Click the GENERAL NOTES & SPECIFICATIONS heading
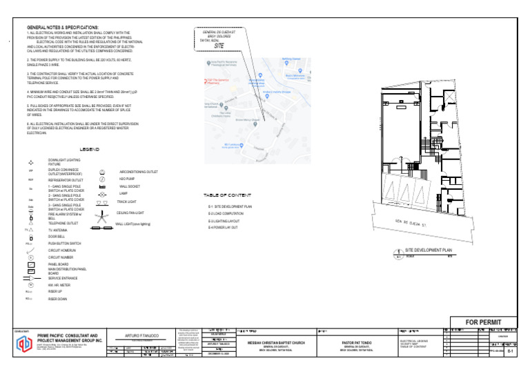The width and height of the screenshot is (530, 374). (x=62, y=26)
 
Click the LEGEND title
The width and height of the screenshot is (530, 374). (x=90, y=150)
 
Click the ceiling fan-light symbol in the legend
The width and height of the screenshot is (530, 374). (x=101, y=213)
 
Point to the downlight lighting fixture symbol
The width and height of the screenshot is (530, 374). (x=31, y=161)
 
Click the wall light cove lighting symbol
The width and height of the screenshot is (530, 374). (x=101, y=224)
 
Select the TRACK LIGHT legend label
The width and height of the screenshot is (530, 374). (x=128, y=202)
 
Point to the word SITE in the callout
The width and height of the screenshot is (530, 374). (x=219, y=46)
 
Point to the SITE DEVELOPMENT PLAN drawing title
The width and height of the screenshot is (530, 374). (x=428, y=249)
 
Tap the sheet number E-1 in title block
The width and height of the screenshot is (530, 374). (x=509, y=351)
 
